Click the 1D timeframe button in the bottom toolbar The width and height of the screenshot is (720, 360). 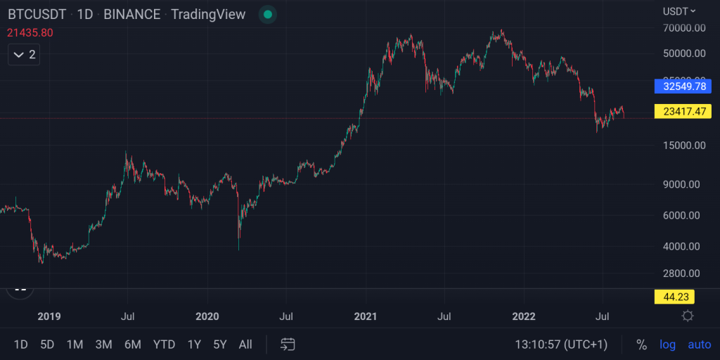click(x=21, y=345)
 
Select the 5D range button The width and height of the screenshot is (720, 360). click(x=47, y=345)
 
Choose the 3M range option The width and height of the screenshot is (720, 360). click(x=103, y=345)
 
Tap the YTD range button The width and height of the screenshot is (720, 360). click(x=164, y=345)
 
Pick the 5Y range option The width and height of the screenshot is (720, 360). click(x=220, y=345)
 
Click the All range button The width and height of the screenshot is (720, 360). click(x=245, y=345)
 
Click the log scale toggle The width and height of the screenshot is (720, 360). click(x=667, y=345)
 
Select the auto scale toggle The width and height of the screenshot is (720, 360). click(x=699, y=345)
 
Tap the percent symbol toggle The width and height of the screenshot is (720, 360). click(x=641, y=345)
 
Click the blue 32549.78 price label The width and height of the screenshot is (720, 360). click(x=683, y=86)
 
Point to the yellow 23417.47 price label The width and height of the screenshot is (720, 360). click(x=683, y=111)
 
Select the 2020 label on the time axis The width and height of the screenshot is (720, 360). click(x=207, y=316)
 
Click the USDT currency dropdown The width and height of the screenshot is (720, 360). click(x=679, y=11)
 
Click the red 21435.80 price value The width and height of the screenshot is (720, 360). click(x=30, y=32)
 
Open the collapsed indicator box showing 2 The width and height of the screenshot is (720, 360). click(x=24, y=54)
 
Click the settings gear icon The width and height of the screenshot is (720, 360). click(x=688, y=316)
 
